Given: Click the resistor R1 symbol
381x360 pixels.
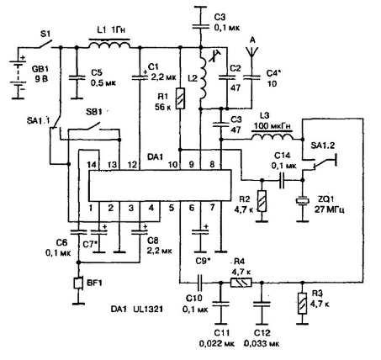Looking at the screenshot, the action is (180, 98).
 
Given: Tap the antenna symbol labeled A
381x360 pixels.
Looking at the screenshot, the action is (251, 52).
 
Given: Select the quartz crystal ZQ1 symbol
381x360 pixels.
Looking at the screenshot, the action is (303, 200).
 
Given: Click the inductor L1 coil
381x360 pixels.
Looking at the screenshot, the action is (109, 44).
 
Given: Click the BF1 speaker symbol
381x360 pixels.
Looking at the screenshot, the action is (78, 283).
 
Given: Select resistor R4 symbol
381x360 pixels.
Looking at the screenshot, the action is (241, 283).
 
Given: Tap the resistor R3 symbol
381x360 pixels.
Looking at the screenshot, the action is (303, 303).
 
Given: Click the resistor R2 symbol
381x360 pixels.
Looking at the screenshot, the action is (262, 201).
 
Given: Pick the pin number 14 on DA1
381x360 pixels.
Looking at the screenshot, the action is (93, 164).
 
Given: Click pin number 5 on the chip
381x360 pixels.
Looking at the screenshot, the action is (171, 208).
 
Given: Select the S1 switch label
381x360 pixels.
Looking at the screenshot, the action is (45, 34).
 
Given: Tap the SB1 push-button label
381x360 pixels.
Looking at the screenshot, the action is (93, 112).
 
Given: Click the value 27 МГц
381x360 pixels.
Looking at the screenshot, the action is (329, 209).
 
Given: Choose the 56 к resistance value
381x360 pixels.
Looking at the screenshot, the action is (162, 107).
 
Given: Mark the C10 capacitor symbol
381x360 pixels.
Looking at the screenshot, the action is (200, 283).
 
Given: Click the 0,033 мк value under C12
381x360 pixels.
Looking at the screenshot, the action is (262, 343).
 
